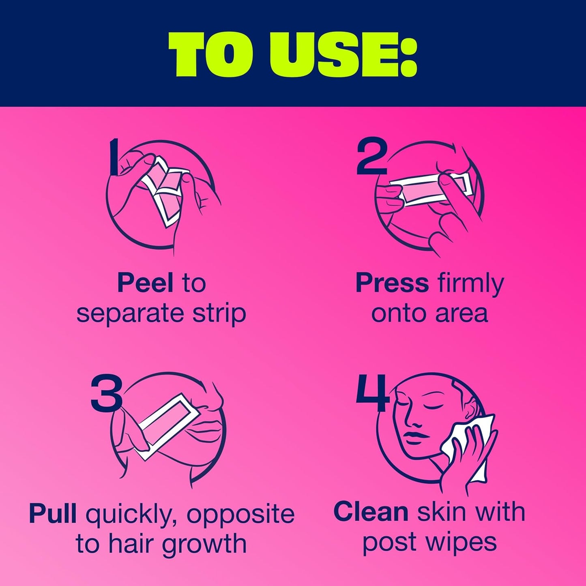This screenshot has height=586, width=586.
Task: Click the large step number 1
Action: (115, 157)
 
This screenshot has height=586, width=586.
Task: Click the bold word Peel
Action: (145, 283)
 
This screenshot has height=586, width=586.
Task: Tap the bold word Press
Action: (392, 283)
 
